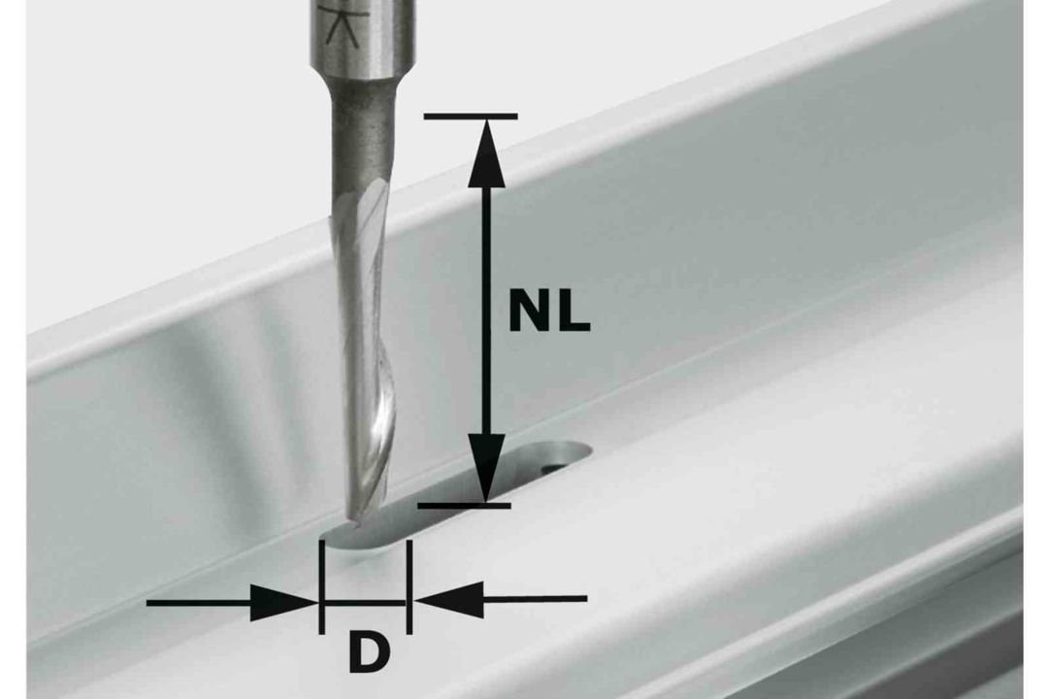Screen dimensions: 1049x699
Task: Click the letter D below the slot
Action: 368,653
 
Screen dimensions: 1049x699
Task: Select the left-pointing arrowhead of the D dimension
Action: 448,599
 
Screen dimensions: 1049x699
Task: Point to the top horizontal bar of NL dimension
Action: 471,116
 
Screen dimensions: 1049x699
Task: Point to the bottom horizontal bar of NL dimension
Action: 464,505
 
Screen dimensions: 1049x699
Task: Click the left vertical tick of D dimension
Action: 322,586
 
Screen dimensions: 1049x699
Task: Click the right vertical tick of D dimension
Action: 409,586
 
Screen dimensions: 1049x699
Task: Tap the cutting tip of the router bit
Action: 352,518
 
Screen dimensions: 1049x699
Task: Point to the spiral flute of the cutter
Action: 365,349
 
